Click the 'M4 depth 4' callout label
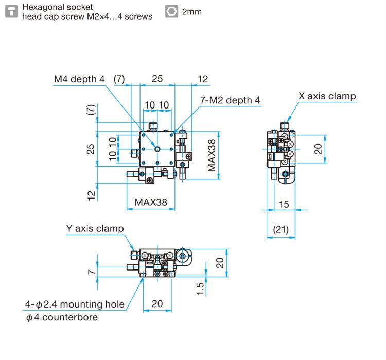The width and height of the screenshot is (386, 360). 79,79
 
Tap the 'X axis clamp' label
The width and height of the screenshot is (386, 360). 327,96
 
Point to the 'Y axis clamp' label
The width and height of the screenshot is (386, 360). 95,228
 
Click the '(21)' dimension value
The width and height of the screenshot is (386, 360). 280,229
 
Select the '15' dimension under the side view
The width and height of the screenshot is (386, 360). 284,204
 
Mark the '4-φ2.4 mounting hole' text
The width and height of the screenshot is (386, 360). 75,304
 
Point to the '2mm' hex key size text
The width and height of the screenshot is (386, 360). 192,11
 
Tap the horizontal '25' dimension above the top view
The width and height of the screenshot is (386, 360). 157,79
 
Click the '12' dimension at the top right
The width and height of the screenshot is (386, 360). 203,79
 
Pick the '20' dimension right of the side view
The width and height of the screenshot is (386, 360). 319,149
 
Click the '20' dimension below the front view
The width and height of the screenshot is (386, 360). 157,303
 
